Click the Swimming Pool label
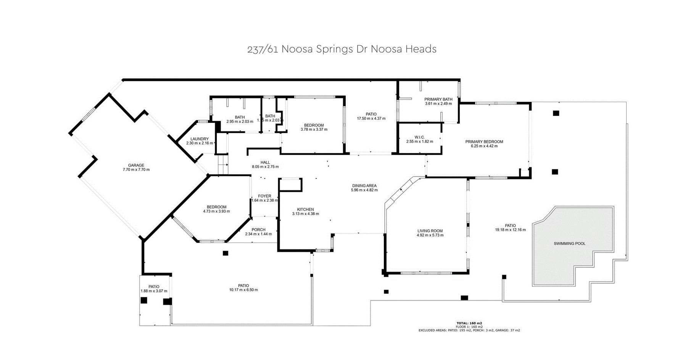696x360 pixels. [x=569, y=243]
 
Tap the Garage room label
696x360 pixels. [x=136, y=166]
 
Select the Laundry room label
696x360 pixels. [x=200, y=139]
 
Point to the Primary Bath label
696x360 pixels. [x=438, y=99]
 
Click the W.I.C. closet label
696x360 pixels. [x=419, y=137]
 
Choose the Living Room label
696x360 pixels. [x=430, y=231]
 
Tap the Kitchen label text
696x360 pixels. [x=306, y=209]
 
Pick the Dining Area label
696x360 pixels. [x=364, y=186]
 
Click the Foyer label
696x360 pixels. [x=264, y=196]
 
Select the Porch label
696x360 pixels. [x=258, y=230]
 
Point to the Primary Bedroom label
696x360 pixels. [x=484, y=141]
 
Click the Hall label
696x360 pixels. [x=265, y=162]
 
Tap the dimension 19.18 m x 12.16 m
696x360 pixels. [x=510, y=230]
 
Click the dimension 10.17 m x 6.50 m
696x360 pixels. [x=243, y=290]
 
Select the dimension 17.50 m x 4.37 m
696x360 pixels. [x=371, y=118]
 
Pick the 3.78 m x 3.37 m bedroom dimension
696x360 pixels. [x=314, y=129]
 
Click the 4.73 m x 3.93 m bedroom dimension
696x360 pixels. [x=216, y=211]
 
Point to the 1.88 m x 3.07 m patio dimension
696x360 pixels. [x=154, y=291]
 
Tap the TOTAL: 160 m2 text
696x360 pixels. [x=469, y=323]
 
